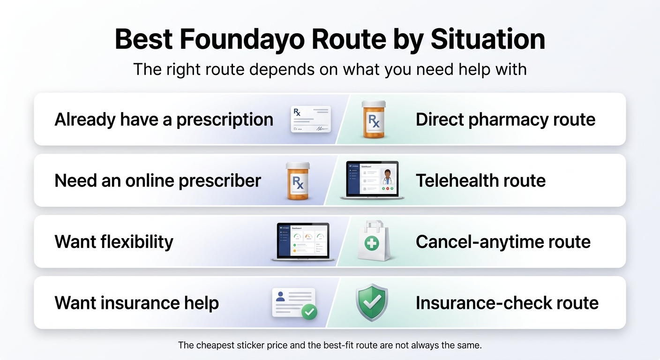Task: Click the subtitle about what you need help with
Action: tap(330, 69)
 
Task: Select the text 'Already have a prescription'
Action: tap(164, 120)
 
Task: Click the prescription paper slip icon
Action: tap(311, 119)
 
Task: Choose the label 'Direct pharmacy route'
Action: tap(505, 120)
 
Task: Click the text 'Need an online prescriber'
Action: tap(157, 180)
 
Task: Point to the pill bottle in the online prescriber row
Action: tap(298, 181)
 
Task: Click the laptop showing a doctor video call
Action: tap(372, 180)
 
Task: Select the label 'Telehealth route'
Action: tap(480, 180)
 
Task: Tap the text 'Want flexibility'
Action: tap(114, 242)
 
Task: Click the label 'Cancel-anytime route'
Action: tap(503, 242)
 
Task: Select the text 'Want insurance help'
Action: tap(136, 303)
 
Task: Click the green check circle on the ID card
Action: tap(309, 311)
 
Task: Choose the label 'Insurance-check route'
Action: tap(507, 303)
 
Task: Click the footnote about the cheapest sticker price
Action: tap(330, 345)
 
